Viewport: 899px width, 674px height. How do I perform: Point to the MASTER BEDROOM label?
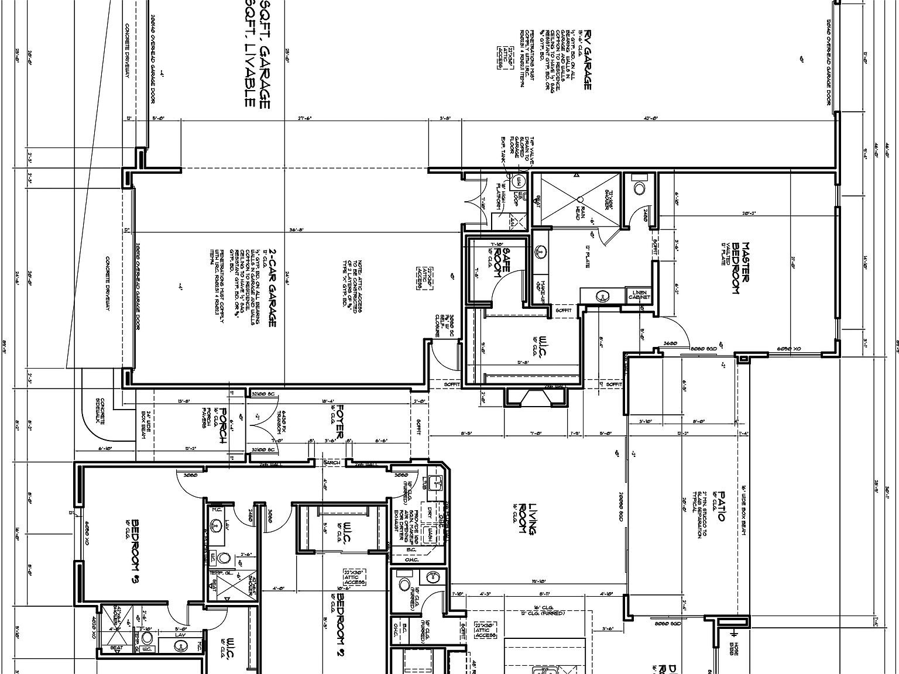(741, 269)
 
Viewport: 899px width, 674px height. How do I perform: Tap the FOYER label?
(339, 424)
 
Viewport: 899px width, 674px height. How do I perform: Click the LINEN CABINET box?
(639, 294)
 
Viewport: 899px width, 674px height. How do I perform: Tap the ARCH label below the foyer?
(332, 463)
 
